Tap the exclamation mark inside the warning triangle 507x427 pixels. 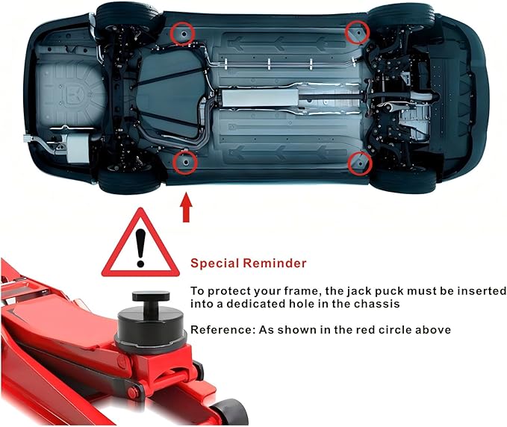(x=140, y=248)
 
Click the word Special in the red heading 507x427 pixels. (x=214, y=263)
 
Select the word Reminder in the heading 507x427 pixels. (x=275, y=263)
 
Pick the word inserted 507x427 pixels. (x=483, y=291)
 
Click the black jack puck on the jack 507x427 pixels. (x=151, y=319)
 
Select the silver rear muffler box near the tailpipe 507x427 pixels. (x=78, y=147)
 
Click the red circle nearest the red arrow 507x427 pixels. (x=185, y=163)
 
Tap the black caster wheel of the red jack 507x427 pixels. (x=230, y=413)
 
